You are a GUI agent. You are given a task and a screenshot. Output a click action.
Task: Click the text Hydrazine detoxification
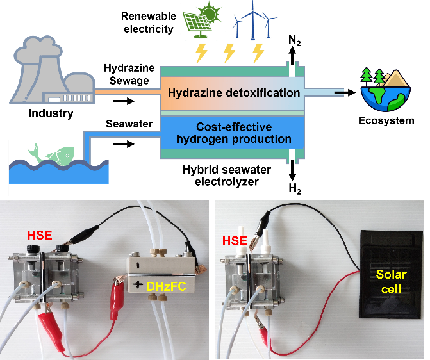pyautogui.click(x=234, y=93)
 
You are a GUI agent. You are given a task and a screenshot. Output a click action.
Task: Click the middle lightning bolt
pyautogui.click(x=229, y=53)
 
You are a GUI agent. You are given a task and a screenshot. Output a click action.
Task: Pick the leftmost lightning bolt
pyautogui.click(x=201, y=53)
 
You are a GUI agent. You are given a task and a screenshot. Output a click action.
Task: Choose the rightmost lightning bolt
pyautogui.click(x=258, y=53)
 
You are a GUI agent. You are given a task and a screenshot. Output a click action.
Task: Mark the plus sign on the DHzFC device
pyautogui.click(x=136, y=284)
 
